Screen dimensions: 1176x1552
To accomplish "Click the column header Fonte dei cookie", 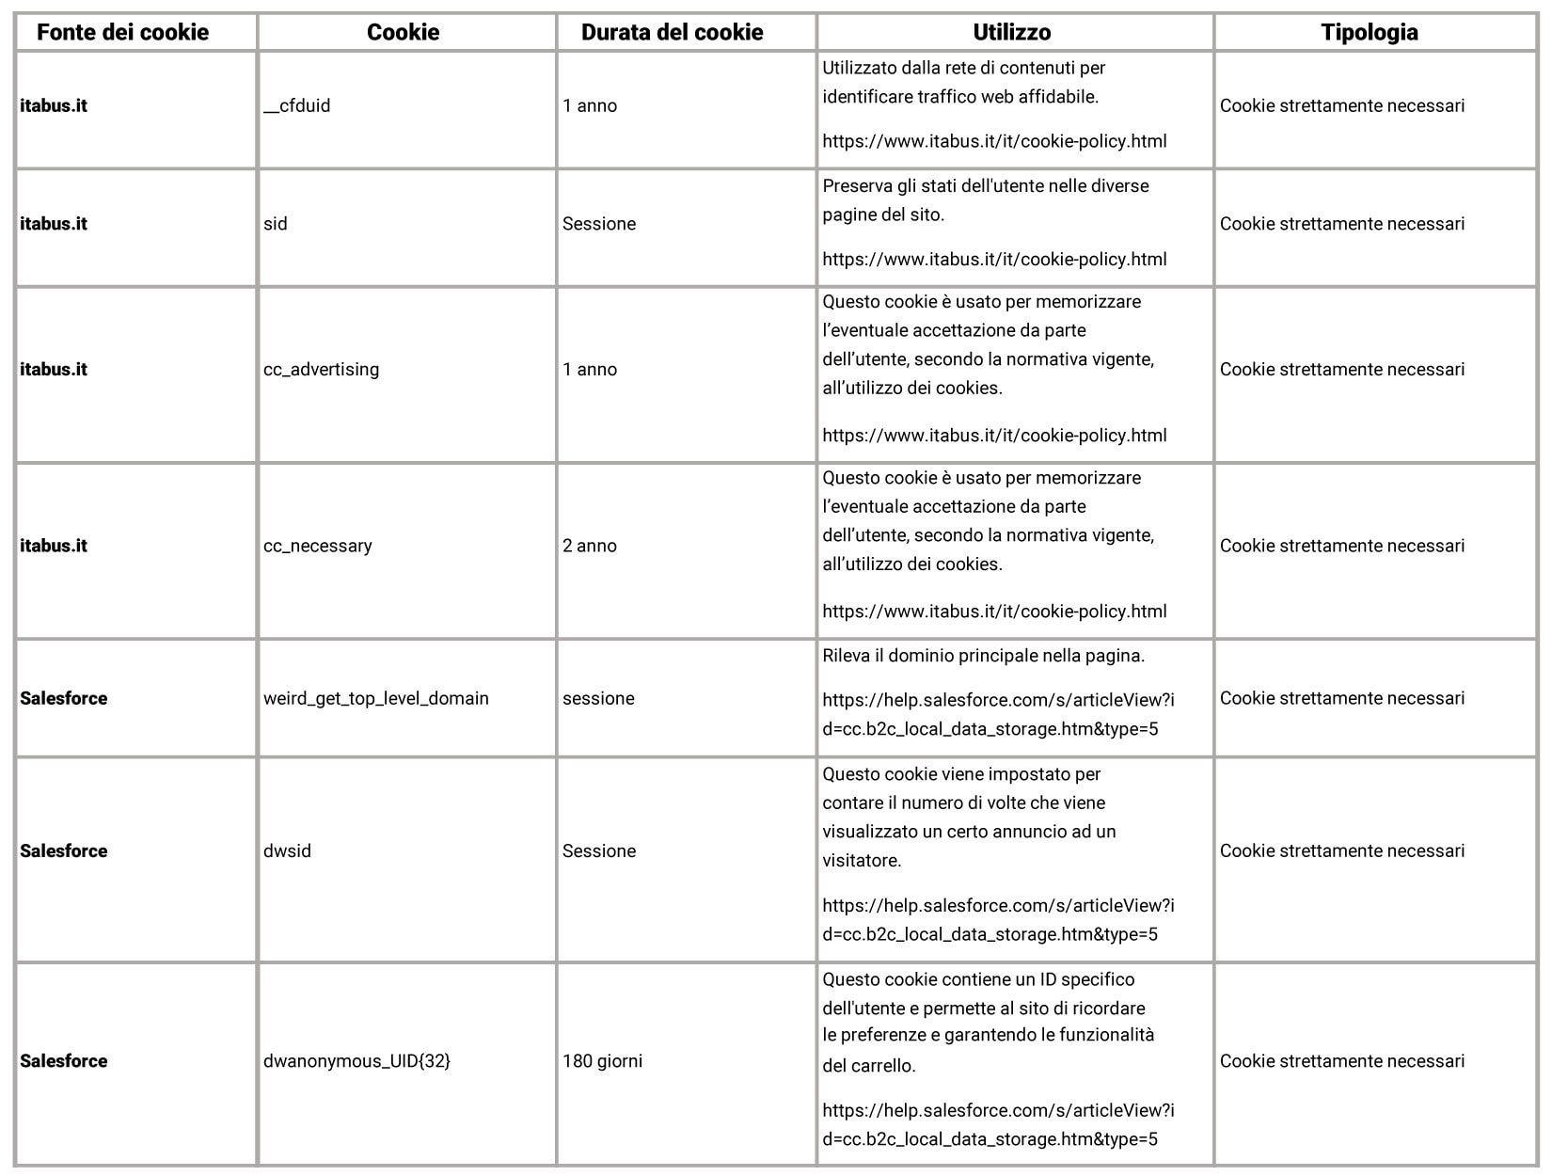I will (122, 32).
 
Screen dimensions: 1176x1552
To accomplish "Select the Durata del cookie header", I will (672, 32).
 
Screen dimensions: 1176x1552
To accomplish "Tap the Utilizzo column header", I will (1011, 32).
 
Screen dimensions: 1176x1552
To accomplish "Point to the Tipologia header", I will (1369, 32).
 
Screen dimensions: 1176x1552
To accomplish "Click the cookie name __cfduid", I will (297, 105).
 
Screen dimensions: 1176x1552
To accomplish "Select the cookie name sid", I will (276, 224).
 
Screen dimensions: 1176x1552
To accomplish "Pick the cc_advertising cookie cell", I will (321, 370).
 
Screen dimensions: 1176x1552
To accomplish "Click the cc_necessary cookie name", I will (317, 546).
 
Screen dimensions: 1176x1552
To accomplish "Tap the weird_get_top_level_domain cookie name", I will (375, 698).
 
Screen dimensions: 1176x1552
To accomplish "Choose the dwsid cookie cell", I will (287, 850).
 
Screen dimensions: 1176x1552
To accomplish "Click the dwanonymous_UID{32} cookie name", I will (356, 1061).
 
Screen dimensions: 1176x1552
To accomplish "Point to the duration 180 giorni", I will (602, 1061).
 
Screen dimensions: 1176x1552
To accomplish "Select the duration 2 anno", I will (589, 546).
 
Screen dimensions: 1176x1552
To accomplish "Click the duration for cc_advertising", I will (589, 370).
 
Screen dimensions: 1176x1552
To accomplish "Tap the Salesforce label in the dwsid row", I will (63, 850).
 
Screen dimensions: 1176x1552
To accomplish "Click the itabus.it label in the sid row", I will (53, 224).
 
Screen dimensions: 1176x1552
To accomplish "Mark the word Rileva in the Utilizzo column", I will (846, 656).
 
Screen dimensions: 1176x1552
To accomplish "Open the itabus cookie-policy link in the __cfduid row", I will (994, 141).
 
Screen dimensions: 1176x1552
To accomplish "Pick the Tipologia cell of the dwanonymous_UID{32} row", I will (1341, 1061).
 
